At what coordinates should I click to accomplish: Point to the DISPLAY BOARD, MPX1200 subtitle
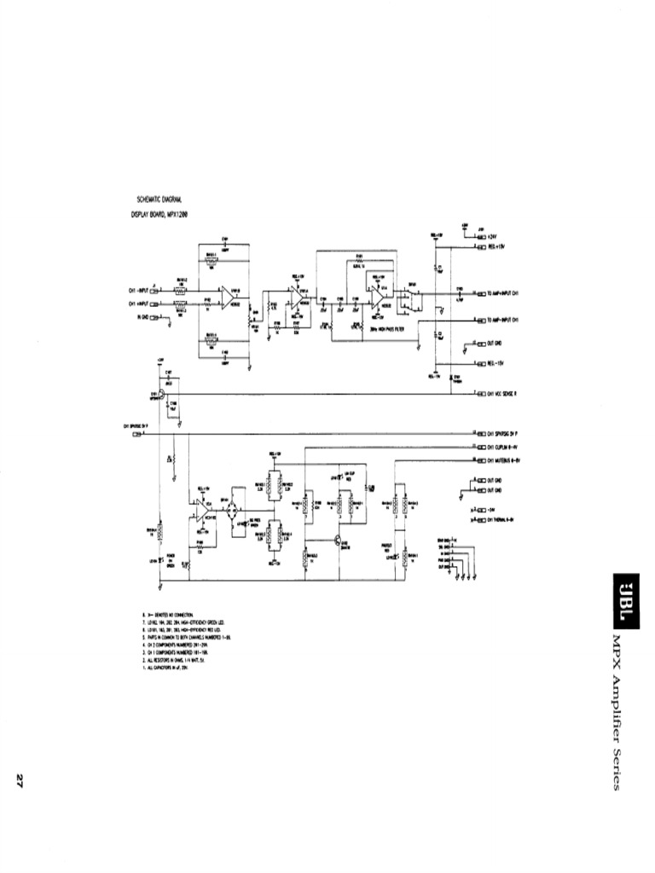coord(159,215)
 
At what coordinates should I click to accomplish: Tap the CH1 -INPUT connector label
coord(139,290)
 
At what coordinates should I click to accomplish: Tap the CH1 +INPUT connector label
coord(139,303)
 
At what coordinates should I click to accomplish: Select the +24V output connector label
coord(493,236)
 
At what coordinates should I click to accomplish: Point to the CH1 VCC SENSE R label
coord(508,394)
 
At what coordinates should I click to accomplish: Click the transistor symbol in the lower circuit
coord(339,539)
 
